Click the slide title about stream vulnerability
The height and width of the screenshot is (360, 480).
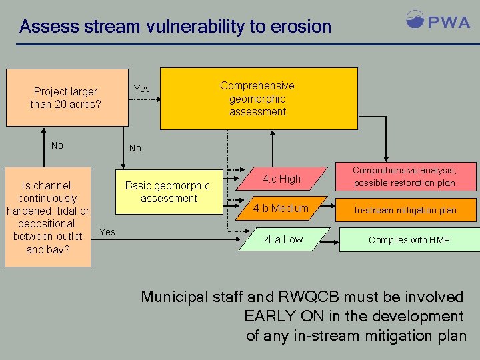click(175, 27)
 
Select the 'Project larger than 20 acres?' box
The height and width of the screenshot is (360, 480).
click(67, 97)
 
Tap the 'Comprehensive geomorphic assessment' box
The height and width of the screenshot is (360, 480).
click(259, 98)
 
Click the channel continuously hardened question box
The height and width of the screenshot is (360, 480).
click(48, 217)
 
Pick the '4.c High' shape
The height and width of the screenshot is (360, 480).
click(281, 179)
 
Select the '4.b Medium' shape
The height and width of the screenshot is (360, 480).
click(281, 208)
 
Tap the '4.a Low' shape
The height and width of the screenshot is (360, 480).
click(284, 239)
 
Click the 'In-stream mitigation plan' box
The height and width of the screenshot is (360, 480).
click(405, 210)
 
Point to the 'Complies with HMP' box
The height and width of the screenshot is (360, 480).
click(409, 240)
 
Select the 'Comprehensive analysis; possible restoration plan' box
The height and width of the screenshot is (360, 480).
click(404, 177)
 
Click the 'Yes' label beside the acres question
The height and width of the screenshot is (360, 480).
click(142, 89)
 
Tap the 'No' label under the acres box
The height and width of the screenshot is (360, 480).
click(57, 145)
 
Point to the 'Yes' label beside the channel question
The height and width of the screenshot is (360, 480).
click(107, 232)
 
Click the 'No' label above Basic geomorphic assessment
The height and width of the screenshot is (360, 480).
click(135, 148)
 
